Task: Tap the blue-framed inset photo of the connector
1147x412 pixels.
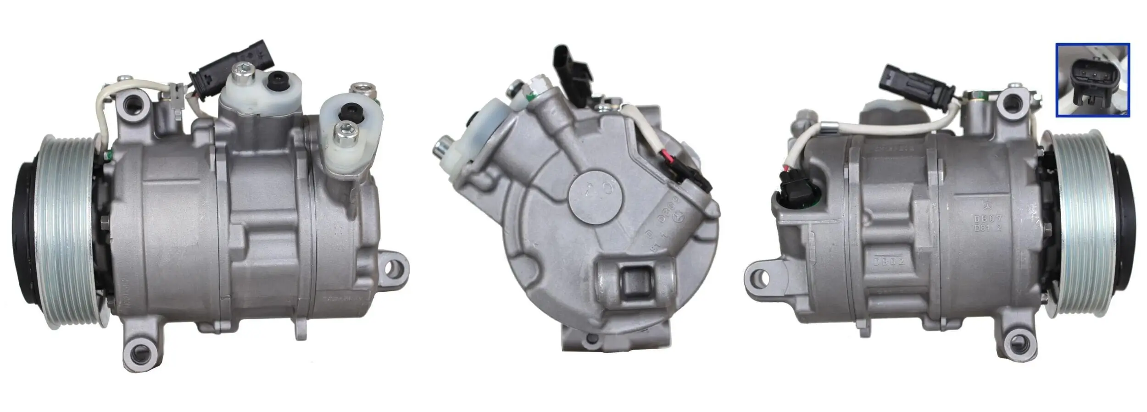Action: tap(1092, 80)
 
